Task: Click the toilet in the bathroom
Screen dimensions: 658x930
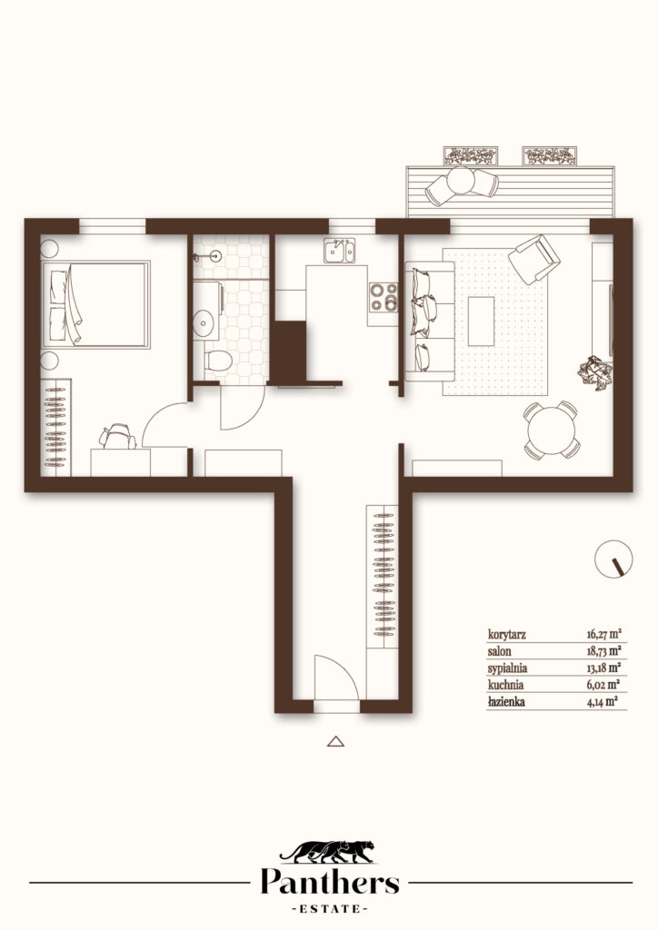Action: pyautogui.click(x=218, y=361)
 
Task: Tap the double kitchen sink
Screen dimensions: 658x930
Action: pyautogui.click(x=339, y=251)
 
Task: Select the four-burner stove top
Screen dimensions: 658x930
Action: pyautogui.click(x=384, y=298)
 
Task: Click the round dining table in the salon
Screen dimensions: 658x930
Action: pyautogui.click(x=552, y=430)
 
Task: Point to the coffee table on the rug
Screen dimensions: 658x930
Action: pyautogui.click(x=481, y=321)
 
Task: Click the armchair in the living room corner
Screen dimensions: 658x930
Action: pyautogui.click(x=534, y=259)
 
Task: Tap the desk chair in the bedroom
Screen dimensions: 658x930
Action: pyautogui.click(x=118, y=437)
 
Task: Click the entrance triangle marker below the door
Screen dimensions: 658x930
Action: pyautogui.click(x=336, y=741)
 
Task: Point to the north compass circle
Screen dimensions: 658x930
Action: pyautogui.click(x=613, y=559)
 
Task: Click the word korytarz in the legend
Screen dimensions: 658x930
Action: pyautogui.click(x=507, y=635)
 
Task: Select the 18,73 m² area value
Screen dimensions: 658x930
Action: pyautogui.click(x=604, y=650)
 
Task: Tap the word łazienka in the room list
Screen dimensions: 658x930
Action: pyautogui.click(x=506, y=702)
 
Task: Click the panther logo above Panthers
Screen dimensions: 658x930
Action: pyautogui.click(x=328, y=852)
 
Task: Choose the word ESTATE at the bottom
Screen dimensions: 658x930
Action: pyautogui.click(x=330, y=908)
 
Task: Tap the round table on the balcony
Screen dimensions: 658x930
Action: pyautogui.click(x=461, y=181)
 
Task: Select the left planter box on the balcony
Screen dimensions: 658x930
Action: pyautogui.click(x=471, y=156)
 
